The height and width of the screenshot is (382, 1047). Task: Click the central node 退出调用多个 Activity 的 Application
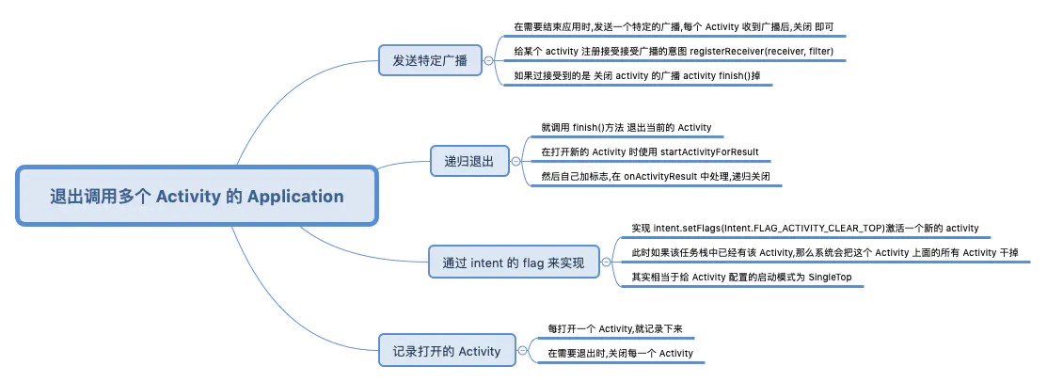tap(197, 196)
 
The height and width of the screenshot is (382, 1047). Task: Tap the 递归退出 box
tap(469, 161)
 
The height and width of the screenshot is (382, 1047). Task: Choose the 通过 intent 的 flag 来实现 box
tap(514, 263)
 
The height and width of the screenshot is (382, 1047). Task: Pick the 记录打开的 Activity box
tap(448, 350)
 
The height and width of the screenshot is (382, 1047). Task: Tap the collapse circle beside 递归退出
tap(516, 161)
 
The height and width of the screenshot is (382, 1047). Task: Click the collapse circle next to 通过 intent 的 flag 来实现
tap(607, 263)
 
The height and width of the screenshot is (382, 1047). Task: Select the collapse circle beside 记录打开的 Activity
tap(523, 350)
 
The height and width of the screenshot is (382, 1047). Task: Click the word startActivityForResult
tap(709, 151)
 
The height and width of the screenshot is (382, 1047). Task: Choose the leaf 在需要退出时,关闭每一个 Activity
tap(620, 353)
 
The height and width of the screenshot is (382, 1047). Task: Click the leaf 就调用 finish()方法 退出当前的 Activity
tap(627, 127)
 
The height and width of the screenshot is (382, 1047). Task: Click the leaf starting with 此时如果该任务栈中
tap(826, 252)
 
